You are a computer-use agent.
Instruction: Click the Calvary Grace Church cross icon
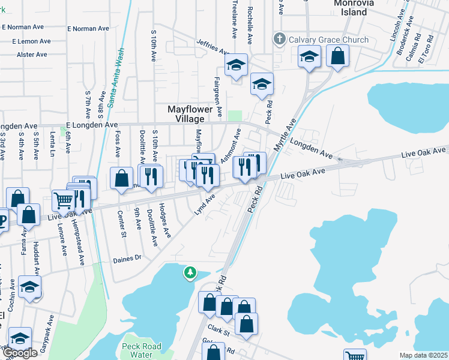pyautogui.click(x=279, y=40)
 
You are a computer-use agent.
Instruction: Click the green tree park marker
pyautogui.click(x=190, y=274)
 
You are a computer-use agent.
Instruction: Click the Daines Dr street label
pyautogui.click(x=127, y=258)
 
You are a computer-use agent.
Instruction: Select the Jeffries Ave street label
pyautogui.click(x=213, y=46)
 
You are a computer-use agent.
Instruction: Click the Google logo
pyautogui.click(x=19, y=353)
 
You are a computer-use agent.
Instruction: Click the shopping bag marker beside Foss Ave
pyautogui.click(x=122, y=178)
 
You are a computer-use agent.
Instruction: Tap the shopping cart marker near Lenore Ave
pyautogui.click(x=64, y=200)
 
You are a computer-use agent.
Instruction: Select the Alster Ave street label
pyautogui.click(x=32, y=55)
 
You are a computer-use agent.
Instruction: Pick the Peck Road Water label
pyautogui.click(x=139, y=350)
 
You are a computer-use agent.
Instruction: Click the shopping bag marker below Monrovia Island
pyautogui.click(x=338, y=56)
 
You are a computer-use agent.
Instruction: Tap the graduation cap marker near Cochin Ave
pyautogui.click(x=29, y=287)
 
